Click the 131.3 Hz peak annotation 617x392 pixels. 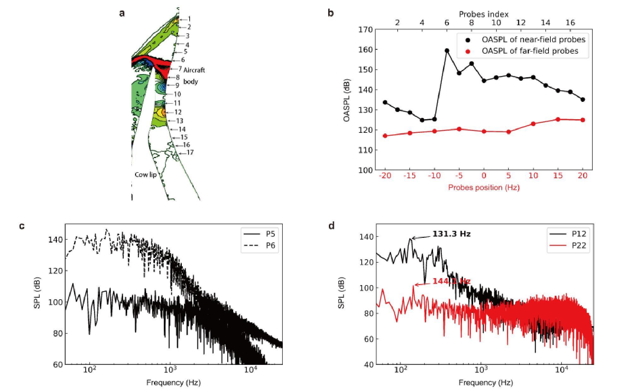(x=451, y=234)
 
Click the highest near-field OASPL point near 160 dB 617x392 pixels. (x=447, y=50)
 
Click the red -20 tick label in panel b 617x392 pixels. (x=384, y=176)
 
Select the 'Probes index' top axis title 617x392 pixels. (x=484, y=14)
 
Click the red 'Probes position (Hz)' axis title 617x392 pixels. (x=484, y=188)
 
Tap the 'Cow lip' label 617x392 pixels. (x=145, y=175)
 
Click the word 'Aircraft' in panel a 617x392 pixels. (x=194, y=70)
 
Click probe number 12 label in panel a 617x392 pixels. (x=178, y=112)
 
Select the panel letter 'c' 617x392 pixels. (x=22, y=226)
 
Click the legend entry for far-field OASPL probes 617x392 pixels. (x=530, y=51)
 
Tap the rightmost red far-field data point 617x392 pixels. (x=583, y=120)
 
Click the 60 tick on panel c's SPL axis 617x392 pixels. (x=58, y=365)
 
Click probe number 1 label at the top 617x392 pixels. (x=189, y=19)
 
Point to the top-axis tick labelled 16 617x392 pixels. (x=570, y=23)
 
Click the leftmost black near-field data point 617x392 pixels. (x=385, y=102)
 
